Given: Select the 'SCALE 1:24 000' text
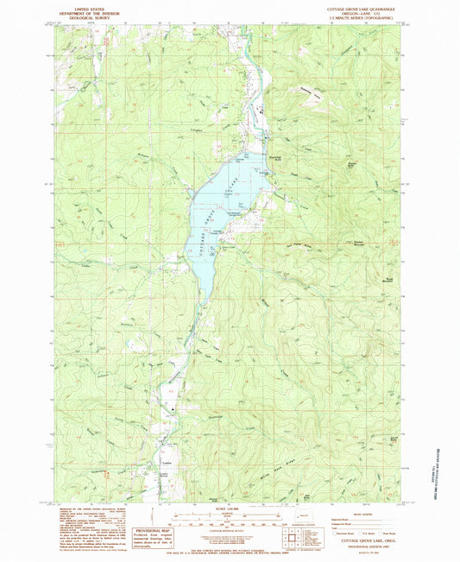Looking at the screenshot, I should pos(229,510).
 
